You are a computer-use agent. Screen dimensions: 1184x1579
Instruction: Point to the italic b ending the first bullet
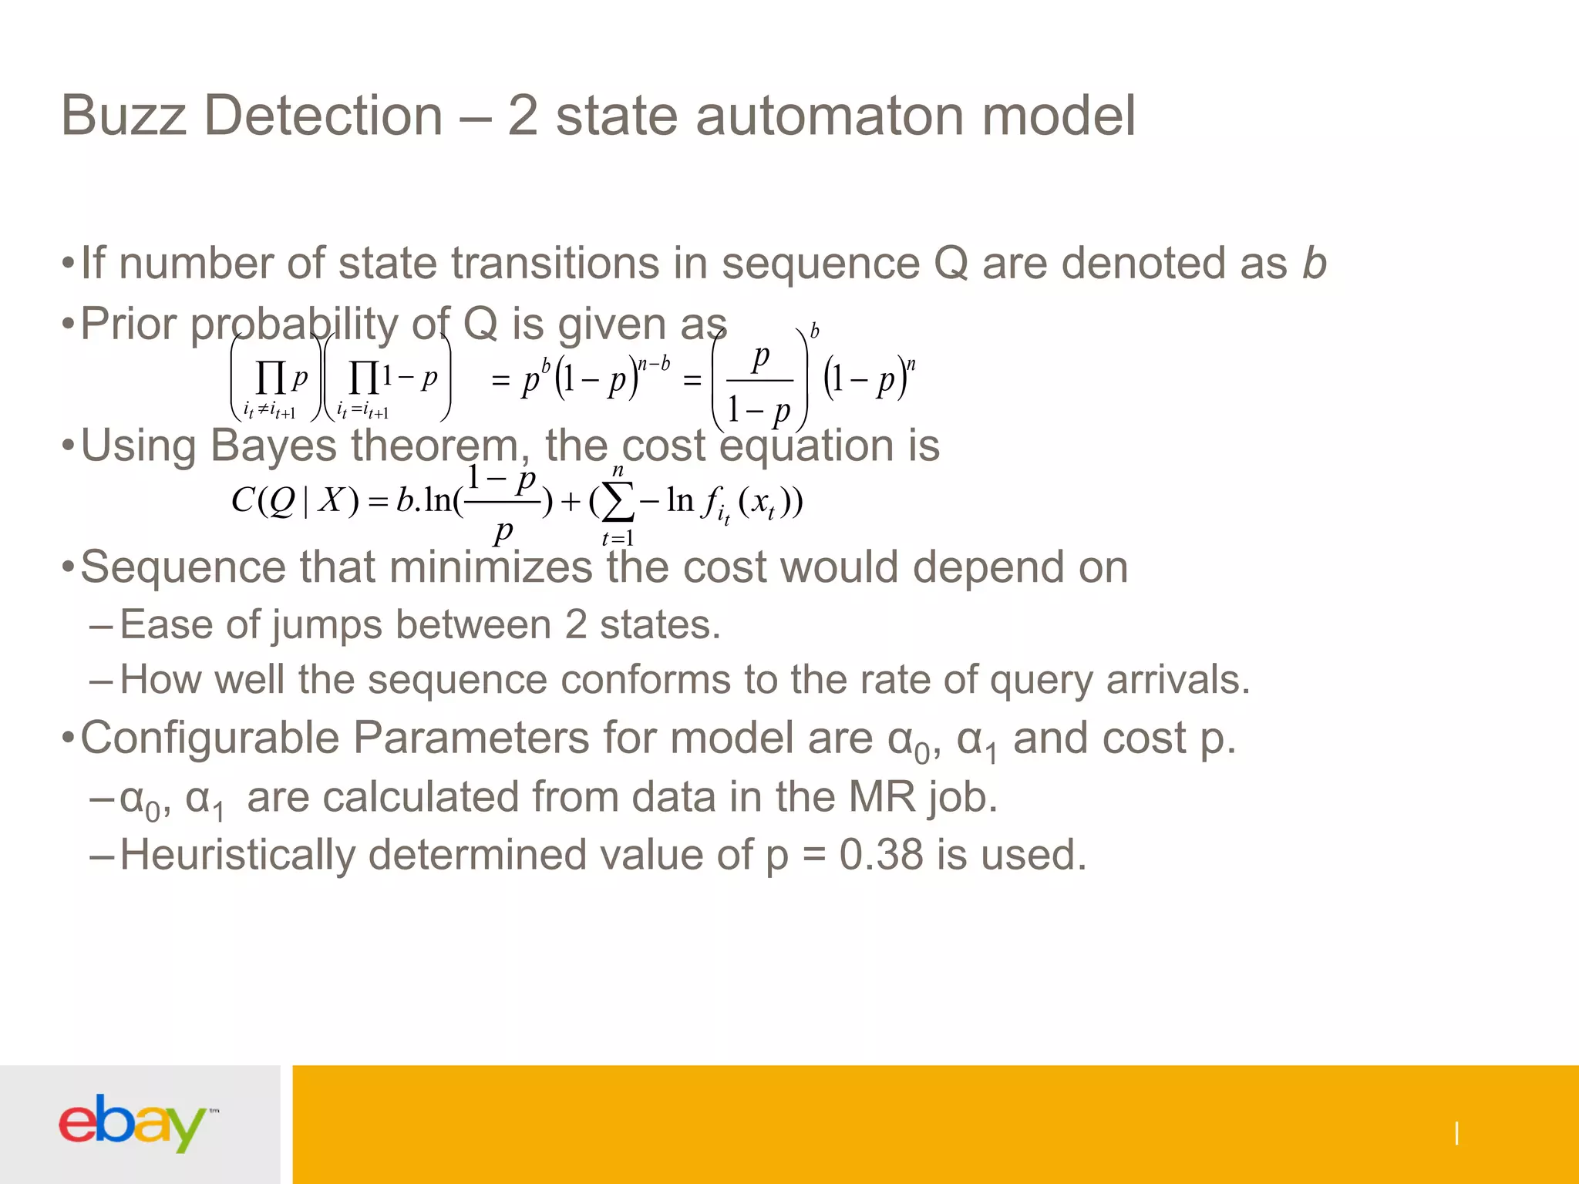(1314, 264)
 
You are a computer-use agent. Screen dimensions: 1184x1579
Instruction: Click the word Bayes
(273, 446)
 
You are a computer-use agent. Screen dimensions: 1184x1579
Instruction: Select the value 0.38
(880, 855)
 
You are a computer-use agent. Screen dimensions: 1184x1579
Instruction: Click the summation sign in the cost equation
(617, 502)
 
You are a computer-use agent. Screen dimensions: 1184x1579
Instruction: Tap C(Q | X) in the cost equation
(295, 501)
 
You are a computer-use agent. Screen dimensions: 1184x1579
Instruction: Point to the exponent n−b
(655, 364)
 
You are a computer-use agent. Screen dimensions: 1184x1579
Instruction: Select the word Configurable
(210, 738)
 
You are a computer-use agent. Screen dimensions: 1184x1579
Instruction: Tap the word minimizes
(491, 567)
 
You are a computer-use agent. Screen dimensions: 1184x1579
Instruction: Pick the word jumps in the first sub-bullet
(327, 624)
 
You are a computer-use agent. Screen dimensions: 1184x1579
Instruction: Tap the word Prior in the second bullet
(129, 324)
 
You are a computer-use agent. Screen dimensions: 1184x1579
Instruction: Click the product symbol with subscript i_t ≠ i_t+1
(271, 378)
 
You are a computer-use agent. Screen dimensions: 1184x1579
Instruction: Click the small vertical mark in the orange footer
(1456, 1133)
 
